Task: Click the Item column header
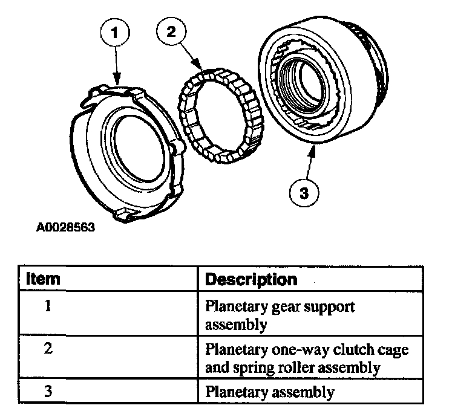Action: click(44, 280)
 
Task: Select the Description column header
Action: click(252, 280)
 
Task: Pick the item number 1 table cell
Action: click(48, 306)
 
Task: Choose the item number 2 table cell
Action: click(48, 350)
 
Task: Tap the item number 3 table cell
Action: click(48, 391)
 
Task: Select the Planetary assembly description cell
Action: click(270, 392)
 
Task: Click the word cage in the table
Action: click(396, 350)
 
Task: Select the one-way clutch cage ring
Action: click(218, 118)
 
